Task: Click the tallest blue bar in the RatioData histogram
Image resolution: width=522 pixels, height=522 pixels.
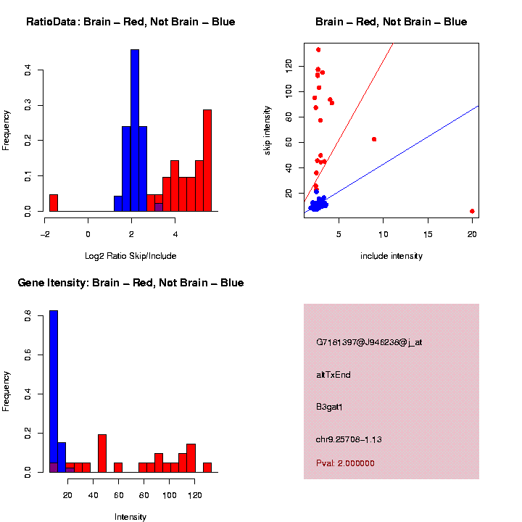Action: (134, 130)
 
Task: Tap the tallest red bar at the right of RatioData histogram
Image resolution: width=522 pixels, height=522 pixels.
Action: (207, 159)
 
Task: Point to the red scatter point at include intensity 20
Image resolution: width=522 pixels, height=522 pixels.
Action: (472, 211)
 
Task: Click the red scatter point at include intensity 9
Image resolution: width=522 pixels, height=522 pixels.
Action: (374, 139)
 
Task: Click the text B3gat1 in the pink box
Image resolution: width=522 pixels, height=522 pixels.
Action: (329, 407)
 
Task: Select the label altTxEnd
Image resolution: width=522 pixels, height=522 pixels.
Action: (333, 375)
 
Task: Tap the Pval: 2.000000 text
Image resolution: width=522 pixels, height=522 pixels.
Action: (345, 463)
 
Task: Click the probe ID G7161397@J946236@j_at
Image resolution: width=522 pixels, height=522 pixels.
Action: (369, 342)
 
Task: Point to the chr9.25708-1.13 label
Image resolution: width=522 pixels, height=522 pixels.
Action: (349, 439)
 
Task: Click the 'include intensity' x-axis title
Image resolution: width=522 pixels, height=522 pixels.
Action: (391, 256)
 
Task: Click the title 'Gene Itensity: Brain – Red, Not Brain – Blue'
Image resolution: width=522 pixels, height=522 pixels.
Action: (130, 283)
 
